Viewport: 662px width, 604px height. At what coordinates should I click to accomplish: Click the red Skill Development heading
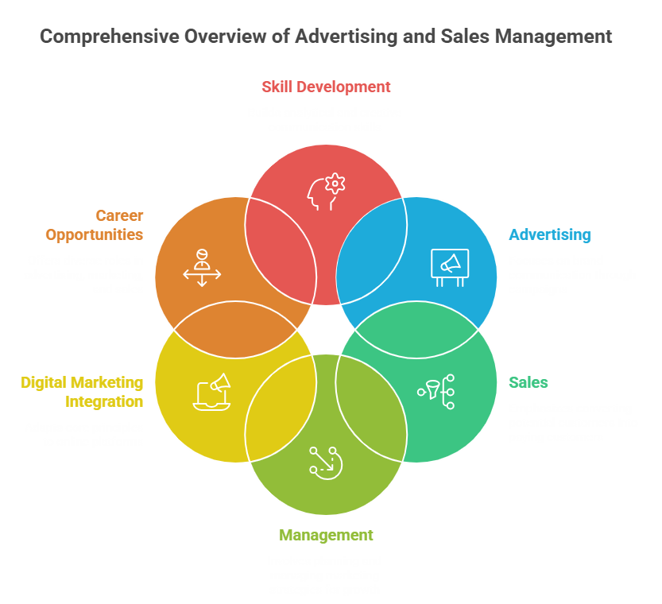326,87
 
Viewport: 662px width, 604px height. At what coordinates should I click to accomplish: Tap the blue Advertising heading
550,234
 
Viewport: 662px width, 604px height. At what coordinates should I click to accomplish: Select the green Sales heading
528,382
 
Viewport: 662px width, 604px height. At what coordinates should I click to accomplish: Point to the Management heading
326,535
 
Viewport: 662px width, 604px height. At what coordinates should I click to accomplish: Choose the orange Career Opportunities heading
94,225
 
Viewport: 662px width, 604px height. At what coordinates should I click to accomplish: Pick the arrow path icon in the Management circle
326,462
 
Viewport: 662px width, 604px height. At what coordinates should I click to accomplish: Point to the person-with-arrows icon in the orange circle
202,267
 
